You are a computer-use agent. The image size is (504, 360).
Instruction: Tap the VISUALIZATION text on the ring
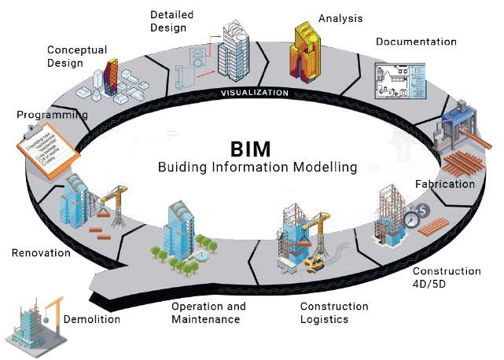[254, 93]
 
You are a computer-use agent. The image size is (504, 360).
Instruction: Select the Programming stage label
[52, 115]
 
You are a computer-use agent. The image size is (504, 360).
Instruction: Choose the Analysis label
[340, 17]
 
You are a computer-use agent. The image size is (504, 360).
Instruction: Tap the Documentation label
[415, 42]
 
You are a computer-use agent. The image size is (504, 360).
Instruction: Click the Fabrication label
[444, 185]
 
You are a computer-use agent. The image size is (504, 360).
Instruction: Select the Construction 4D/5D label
[447, 277]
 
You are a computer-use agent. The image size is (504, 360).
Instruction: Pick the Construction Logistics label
[333, 313]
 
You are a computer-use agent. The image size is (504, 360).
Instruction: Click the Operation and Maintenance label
[208, 313]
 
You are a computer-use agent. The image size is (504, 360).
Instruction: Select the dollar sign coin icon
[422, 211]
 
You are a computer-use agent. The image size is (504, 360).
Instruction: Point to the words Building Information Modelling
[257, 167]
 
